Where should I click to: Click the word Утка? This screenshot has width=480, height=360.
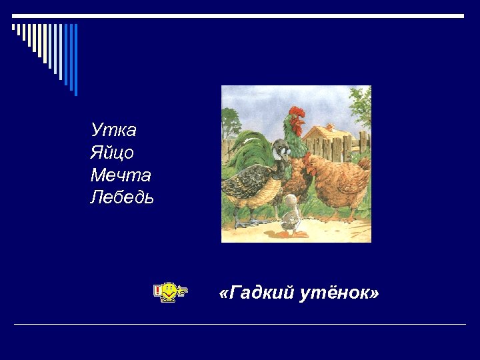pos(113,129)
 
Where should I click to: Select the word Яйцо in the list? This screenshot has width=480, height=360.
pos(112,153)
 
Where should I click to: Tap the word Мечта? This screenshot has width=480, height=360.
pos(121,175)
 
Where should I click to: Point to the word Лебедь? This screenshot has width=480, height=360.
pos(122,198)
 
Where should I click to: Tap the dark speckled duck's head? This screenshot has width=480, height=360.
pos(281,153)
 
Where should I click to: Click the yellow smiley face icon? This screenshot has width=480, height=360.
pos(170,290)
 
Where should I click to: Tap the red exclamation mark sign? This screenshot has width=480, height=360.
pos(157,291)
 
